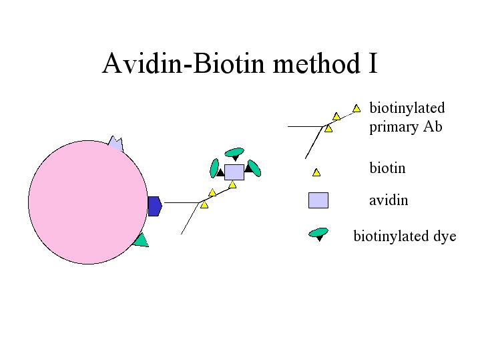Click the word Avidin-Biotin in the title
tap(183, 63)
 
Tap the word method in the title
tap(316, 63)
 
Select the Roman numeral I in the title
tap(373, 63)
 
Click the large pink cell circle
tap(88, 202)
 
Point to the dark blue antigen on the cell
tap(155, 206)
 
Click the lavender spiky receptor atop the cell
tap(116, 144)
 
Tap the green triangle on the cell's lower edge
tap(142, 240)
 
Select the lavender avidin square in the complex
tap(234, 172)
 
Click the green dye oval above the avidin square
tap(234, 152)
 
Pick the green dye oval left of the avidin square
tap(214, 168)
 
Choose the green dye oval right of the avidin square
tap(254, 168)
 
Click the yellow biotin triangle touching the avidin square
tap(232, 185)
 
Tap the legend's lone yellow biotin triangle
tap(316, 172)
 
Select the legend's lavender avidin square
tap(318, 200)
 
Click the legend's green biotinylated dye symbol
tap(318, 234)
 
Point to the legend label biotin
tap(387, 168)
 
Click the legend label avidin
tap(389, 200)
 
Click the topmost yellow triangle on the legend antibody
tap(356, 108)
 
